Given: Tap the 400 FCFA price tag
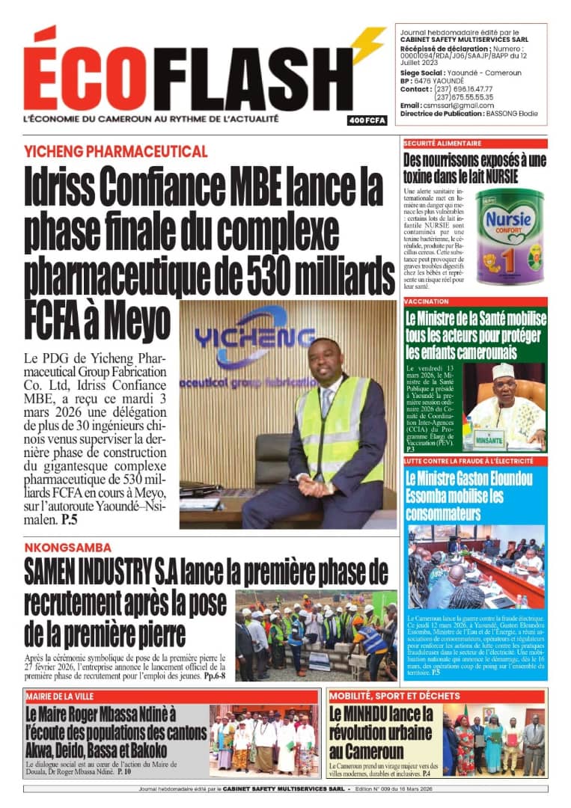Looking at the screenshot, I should pyautogui.click(x=367, y=120).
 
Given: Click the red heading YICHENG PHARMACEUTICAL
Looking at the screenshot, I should pyautogui.click(x=116, y=152).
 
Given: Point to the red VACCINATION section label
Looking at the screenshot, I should pyautogui.click(x=427, y=302).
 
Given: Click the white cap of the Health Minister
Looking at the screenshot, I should pyautogui.click(x=504, y=371).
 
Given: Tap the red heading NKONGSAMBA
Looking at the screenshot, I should pyautogui.click(x=67, y=548).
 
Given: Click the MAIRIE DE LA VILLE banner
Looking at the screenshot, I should pyautogui.click(x=59, y=696).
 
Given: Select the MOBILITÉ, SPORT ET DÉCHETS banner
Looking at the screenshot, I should pyautogui.click(x=394, y=696).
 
